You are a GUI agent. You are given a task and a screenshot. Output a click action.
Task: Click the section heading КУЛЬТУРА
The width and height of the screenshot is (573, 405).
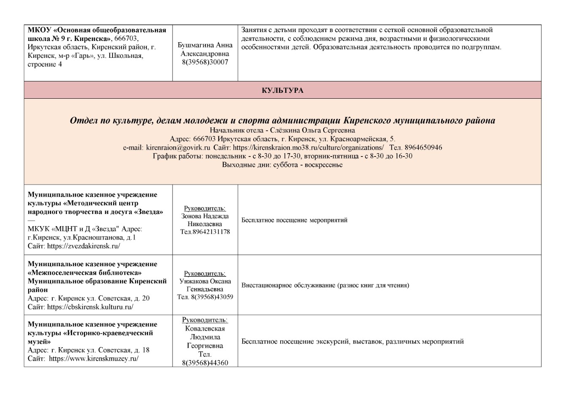(x=282, y=90)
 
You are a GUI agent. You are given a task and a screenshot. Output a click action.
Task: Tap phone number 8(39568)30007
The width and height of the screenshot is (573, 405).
(x=205, y=62)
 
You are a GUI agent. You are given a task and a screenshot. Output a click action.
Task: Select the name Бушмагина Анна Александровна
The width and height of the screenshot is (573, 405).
(x=205, y=49)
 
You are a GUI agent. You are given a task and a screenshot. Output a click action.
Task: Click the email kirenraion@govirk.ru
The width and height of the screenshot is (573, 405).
(x=178, y=148)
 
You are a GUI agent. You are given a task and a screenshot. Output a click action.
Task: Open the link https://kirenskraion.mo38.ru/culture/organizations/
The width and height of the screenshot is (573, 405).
(x=308, y=148)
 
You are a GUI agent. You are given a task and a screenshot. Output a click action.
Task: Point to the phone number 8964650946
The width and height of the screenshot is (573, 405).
(x=423, y=148)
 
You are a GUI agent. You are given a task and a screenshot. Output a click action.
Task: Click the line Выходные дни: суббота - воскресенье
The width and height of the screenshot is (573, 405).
(x=282, y=165)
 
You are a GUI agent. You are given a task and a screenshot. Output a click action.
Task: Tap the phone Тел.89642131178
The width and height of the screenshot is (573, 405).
(x=205, y=232)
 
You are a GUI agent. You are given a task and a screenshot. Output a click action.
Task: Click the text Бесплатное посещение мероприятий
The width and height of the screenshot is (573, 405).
(x=295, y=220)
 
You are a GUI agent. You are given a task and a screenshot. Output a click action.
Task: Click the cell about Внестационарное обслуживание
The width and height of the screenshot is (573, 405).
(x=325, y=285)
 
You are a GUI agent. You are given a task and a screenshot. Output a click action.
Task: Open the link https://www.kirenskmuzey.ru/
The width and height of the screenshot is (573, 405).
(x=94, y=359)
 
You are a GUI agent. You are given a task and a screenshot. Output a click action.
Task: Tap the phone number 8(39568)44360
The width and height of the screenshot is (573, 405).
(x=205, y=363)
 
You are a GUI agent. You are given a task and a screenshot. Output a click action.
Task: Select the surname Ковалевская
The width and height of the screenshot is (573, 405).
(x=205, y=329)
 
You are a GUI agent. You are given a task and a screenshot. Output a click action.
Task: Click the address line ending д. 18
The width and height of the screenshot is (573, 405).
(x=89, y=350)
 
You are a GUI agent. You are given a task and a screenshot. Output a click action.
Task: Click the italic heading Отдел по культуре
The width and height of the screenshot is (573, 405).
(x=282, y=121)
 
